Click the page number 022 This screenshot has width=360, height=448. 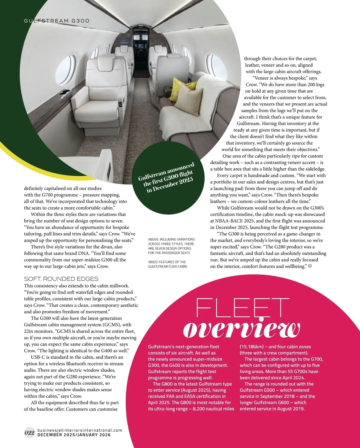29,432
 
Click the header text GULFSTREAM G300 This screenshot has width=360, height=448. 56,21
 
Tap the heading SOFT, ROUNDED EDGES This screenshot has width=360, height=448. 61,279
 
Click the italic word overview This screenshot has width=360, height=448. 241,329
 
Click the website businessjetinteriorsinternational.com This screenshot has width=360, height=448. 80,430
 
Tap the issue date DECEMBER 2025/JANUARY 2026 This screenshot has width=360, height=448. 74,435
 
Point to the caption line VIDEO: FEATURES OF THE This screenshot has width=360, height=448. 167,262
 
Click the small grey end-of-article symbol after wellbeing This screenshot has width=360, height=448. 310,266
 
